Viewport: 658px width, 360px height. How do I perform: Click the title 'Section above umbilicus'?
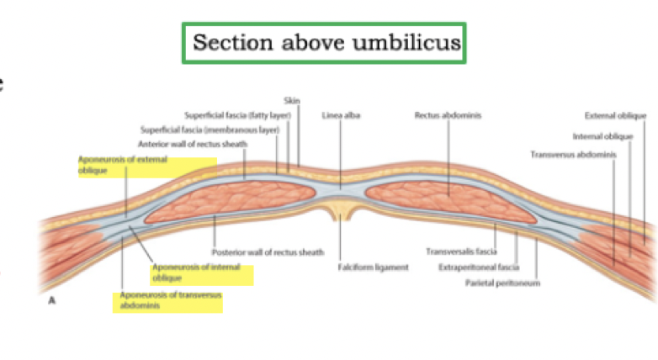tap(327, 42)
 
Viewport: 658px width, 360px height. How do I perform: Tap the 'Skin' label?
tap(292, 101)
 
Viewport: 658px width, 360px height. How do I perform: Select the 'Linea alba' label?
tap(341, 115)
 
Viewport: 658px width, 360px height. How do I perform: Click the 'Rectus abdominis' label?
tap(448, 115)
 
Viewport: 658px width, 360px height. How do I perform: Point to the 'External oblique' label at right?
tap(615, 115)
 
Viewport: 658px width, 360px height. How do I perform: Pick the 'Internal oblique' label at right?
tap(602, 135)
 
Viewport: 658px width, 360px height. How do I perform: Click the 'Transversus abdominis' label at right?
tap(573, 154)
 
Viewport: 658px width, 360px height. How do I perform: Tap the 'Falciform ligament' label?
tap(374, 267)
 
